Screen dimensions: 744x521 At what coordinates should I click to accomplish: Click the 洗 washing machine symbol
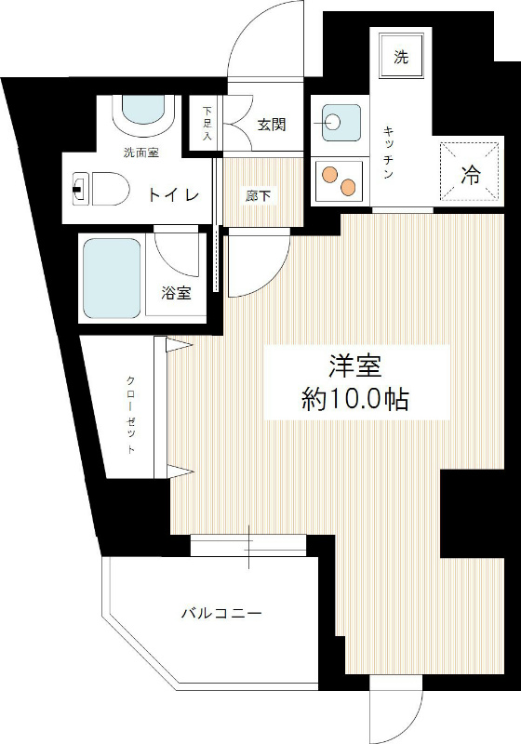point(400,59)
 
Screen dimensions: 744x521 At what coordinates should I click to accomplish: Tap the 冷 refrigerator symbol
point(472,173)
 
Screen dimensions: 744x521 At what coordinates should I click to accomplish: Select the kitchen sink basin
point(340,122)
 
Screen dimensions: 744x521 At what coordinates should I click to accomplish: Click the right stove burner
point(349,187)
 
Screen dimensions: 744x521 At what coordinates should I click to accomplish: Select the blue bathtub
point(112,277)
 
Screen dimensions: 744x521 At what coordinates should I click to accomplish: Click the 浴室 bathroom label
point(176,294)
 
